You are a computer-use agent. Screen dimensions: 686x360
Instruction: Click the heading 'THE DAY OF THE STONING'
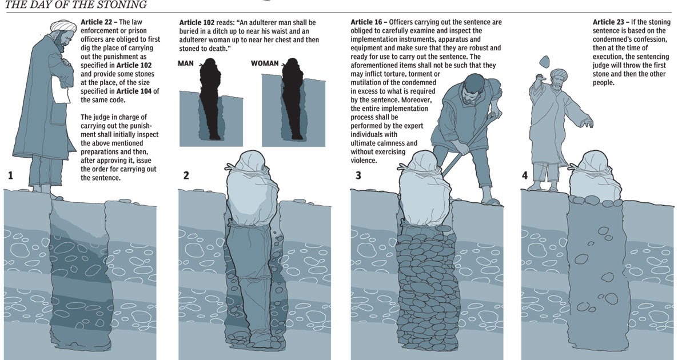(76, 5)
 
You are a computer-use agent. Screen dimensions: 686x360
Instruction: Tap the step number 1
(11, 175)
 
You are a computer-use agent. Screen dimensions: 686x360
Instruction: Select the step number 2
(186, 175)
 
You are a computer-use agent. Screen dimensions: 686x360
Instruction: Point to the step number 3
(358, 175)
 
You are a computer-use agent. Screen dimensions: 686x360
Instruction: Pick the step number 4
(525, 175)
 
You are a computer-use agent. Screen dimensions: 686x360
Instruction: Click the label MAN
(186, 63)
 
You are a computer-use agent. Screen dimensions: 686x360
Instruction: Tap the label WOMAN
(265, 63)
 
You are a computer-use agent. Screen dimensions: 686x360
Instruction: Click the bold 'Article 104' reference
(134, 91)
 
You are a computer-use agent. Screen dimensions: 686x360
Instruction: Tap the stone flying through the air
(544, 62)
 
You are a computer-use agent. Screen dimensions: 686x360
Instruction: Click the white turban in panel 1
(63, 26)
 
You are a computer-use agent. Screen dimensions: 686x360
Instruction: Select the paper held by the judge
(61, 89)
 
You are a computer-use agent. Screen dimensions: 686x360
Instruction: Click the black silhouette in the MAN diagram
(210, 98)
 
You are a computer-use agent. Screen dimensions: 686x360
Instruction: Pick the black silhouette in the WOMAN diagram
(293, 98)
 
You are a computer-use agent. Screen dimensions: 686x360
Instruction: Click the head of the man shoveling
(474, 88)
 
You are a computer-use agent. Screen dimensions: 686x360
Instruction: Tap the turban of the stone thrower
(559, 75)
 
